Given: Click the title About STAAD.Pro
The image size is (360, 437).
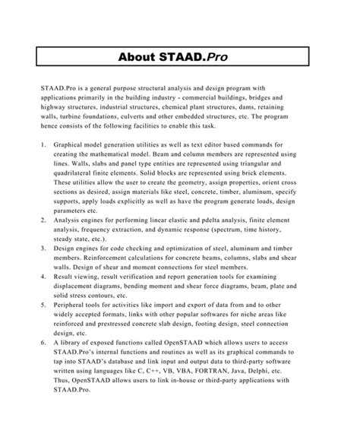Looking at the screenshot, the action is pyautogui.click(x=180, y=57).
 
